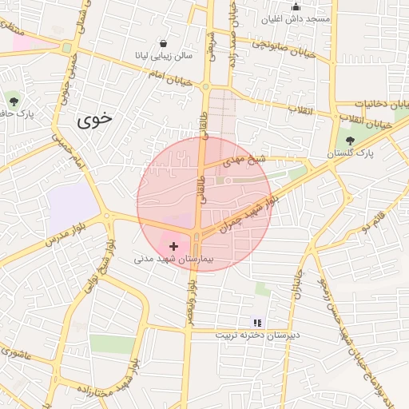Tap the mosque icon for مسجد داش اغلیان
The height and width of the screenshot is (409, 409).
point(296,7)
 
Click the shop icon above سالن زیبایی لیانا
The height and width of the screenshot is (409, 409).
point(164,43)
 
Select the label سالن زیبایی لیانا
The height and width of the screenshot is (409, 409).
point(164,56)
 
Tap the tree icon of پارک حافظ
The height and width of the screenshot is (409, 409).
point(14,99)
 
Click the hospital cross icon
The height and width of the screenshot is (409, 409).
point(174,247)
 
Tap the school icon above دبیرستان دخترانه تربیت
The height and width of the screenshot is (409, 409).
point(257,323)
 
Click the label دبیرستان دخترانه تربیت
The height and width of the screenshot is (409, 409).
point(257,336)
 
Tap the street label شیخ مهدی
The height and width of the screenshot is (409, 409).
point(245,160)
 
